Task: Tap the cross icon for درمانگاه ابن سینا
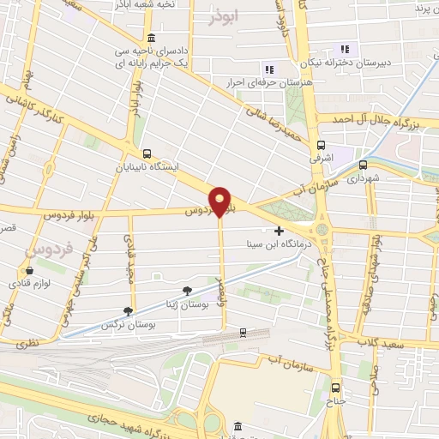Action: [x=279, y=230]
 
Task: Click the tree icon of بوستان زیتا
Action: [x=187, y=291]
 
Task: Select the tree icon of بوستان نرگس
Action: [x=129, y=310]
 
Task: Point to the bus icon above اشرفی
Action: [x=322, y=145]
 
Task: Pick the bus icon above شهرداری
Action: [x=364, y=165]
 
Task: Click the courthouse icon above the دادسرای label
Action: [x=152, y=38]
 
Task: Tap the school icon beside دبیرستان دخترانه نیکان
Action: [x=345, y=49]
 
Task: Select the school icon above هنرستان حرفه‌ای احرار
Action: [x=268, y=69]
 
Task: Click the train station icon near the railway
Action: [x=244, y=332]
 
